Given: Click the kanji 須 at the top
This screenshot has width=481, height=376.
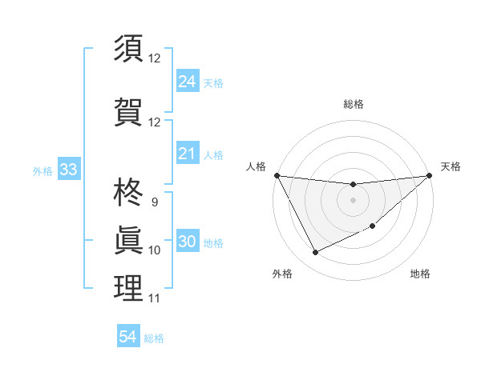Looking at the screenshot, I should tap(128, 48).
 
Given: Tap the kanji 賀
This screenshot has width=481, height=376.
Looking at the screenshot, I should tap(128, 111).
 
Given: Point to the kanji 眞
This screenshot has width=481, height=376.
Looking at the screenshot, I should tap(128, 240).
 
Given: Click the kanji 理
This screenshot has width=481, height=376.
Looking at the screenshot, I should tap(128, 288).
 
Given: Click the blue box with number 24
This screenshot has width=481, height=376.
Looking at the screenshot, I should tap(187, 82).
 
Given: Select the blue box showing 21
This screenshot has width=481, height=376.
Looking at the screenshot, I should tap(187, 154).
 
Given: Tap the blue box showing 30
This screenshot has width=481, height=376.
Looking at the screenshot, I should tap(187, 242).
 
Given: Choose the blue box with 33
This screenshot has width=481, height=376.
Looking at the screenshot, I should tap(67, 170).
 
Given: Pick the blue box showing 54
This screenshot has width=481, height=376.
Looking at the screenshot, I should tap(127, 337).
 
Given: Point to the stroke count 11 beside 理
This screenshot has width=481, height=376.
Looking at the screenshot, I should tap(154, 298).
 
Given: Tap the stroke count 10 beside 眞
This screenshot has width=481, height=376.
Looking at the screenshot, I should tap(154, 250).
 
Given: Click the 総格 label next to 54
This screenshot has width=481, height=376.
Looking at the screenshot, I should tap(154, 338).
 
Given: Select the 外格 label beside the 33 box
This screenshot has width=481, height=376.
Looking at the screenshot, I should tap(42, 170).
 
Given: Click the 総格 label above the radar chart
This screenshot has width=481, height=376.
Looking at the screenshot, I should tap(353, 104).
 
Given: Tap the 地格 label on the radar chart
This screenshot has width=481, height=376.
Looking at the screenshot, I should tap(420, 274).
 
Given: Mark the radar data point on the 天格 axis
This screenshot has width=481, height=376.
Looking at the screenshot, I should tap(429, 175).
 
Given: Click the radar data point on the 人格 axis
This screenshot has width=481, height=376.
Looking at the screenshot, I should tap(277, 175).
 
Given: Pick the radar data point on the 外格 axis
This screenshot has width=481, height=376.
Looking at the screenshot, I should tap(315, 253).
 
